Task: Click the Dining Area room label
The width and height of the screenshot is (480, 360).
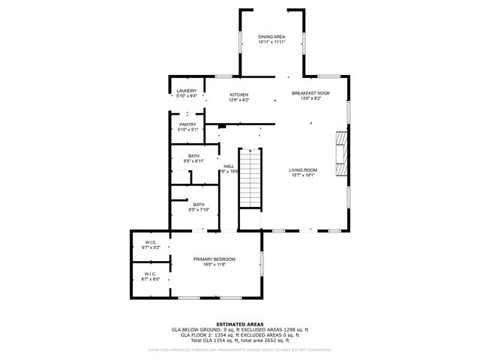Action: [x=271, y=36]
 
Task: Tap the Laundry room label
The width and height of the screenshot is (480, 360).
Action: [x=186, y=91]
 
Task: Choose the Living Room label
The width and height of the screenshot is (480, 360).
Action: [x=303, y=170]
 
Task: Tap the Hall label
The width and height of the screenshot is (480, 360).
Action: [x=229, y=166]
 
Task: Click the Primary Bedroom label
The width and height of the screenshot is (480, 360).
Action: [x=214, y=259]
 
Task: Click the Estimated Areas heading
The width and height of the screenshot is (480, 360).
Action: [x=240, y=324]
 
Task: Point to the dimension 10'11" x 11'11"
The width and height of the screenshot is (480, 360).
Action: [x=271, y=42]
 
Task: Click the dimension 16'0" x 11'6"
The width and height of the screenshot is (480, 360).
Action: [x=214, y=264]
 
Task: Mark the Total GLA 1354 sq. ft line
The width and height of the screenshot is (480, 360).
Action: [x=240, y=340]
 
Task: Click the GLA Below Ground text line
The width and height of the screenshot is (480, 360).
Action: [x=240, y=329]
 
